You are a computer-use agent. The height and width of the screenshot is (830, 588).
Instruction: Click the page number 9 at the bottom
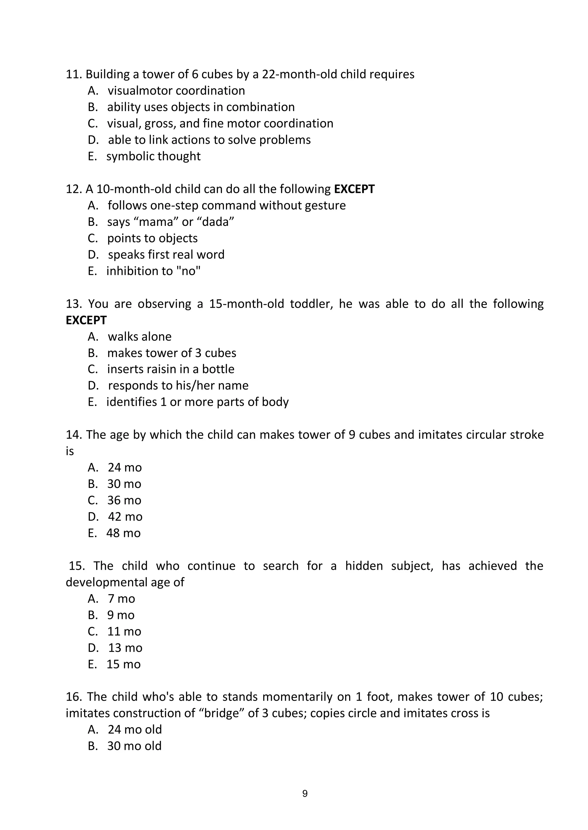pyautogui.click(x=305, y=794)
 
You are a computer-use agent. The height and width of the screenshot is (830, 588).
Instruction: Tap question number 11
pyautogui.click(x=73, y=74)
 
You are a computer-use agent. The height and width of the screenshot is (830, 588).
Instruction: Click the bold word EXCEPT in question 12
pyautogui.click(x=354, y=189)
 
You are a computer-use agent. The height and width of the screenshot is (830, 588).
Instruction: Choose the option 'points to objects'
pyautogui.click(x=152, y=238)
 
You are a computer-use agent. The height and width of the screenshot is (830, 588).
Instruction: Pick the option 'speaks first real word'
pyautogui.click(x=166, y=255)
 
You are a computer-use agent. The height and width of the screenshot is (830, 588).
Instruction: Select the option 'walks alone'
pyautogui.click(x=140, y=337)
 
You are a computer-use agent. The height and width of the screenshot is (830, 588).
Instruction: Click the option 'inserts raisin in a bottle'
pyautogui.click(x=171, y=369)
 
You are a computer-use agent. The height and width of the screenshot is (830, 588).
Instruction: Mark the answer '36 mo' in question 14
pyautogui.click(x=124, y=500)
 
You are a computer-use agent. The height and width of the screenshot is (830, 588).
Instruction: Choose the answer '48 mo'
pyautogui.click(x=123, y=533)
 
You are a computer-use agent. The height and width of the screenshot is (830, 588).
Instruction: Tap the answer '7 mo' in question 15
pyautogui.click(x=121, y=599)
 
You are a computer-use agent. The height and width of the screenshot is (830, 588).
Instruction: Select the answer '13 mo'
pyautogui.click(x=125, y=647)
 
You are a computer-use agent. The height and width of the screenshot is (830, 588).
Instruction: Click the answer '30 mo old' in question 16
pyautogui.click(x=134, y=746)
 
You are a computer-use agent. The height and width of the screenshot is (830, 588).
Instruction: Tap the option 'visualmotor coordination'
pyautogui.click(x=176, y=90)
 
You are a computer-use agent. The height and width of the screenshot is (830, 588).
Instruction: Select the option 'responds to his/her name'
pyautogui.click(x=178, y=385)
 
